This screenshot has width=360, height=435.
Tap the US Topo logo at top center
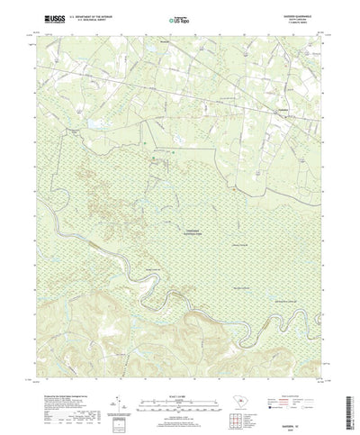pos(180,17)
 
